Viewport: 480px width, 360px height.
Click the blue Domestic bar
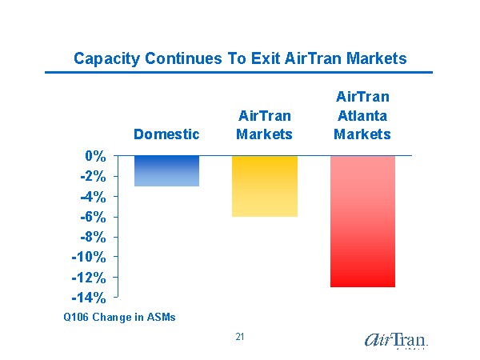click(166, 170)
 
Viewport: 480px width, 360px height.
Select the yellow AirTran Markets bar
click(265, 186)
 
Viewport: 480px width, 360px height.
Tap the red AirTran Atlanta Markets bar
click(362, 221)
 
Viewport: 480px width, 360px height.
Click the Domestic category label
click(166, 134)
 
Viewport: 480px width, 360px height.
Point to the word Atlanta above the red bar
click(362, 115)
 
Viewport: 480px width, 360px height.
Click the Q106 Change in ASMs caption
click(120, 318)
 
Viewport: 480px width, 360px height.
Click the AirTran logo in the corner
click(396, 340)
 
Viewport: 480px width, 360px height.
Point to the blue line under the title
click(240, 73)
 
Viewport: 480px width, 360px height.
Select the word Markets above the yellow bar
click(265, 134)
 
